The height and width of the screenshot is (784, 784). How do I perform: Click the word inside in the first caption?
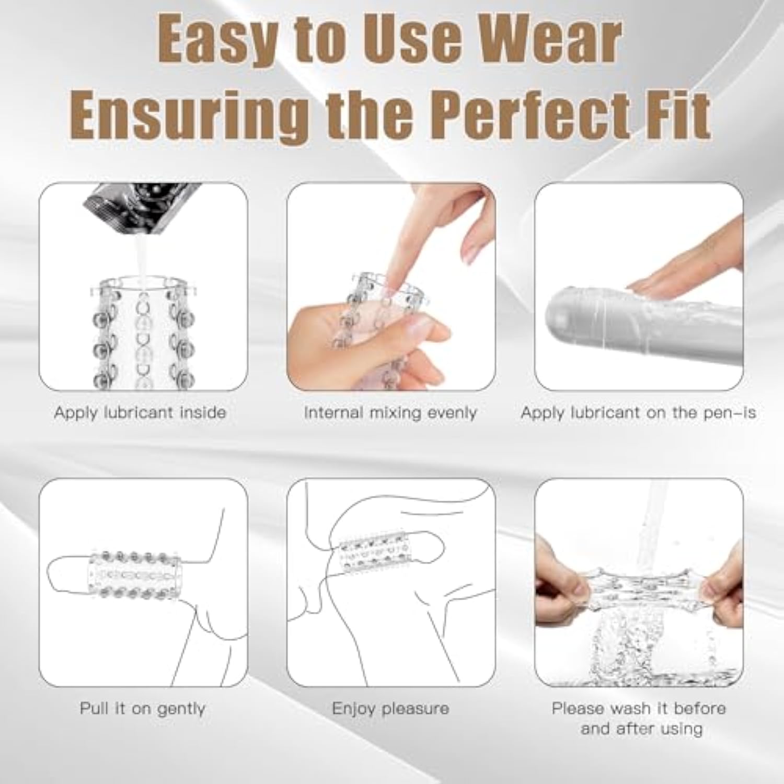coord(203,412)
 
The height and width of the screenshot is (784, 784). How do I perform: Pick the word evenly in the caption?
coord(452,413)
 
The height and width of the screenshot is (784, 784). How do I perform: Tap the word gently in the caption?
coord(181,709)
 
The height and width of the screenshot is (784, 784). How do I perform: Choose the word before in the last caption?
coord(700,708)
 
